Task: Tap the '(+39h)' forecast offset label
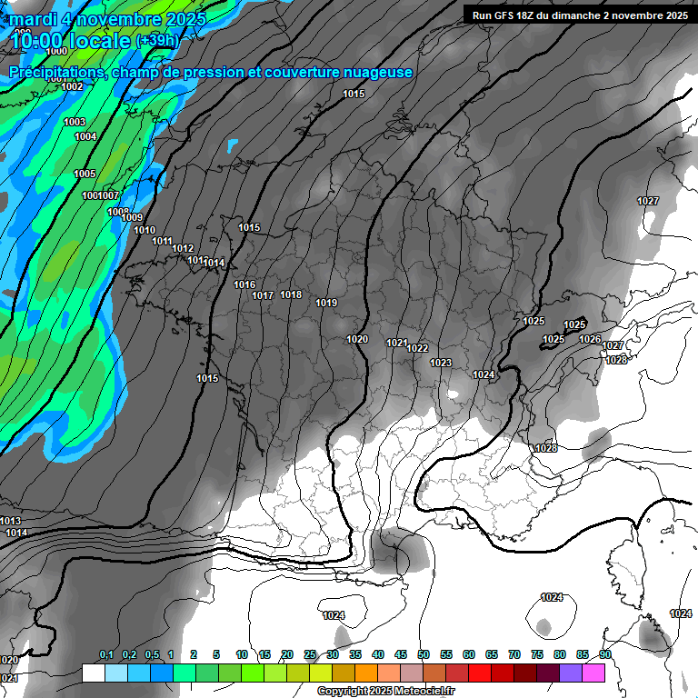157,40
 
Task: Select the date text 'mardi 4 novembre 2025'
108,18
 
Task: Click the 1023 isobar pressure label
441,363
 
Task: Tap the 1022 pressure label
417,348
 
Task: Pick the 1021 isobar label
396,343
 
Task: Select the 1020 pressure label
357,339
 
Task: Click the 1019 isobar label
326,303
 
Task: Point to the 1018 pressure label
291,294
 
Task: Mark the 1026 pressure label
590,339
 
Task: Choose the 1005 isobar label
85,174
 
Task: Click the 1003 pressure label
75,122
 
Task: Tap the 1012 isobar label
183,248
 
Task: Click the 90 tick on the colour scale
604,654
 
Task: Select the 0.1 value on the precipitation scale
105,654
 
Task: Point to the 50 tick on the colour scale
424,654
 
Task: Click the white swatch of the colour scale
93,673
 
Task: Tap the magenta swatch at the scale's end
593,673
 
